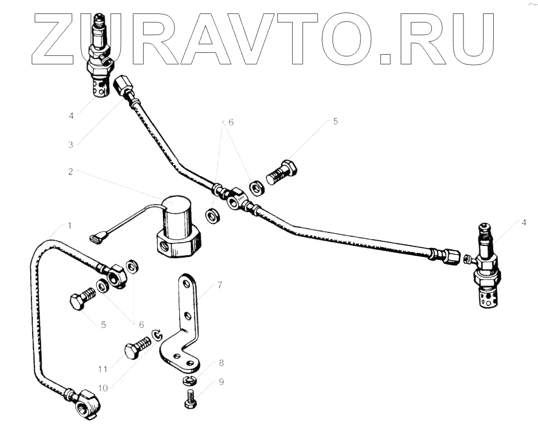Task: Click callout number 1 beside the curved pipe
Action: coord(70,225)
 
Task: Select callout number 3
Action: coord(70,144)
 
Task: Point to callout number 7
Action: coord(219,285)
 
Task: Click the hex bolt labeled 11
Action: coord(137,349)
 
